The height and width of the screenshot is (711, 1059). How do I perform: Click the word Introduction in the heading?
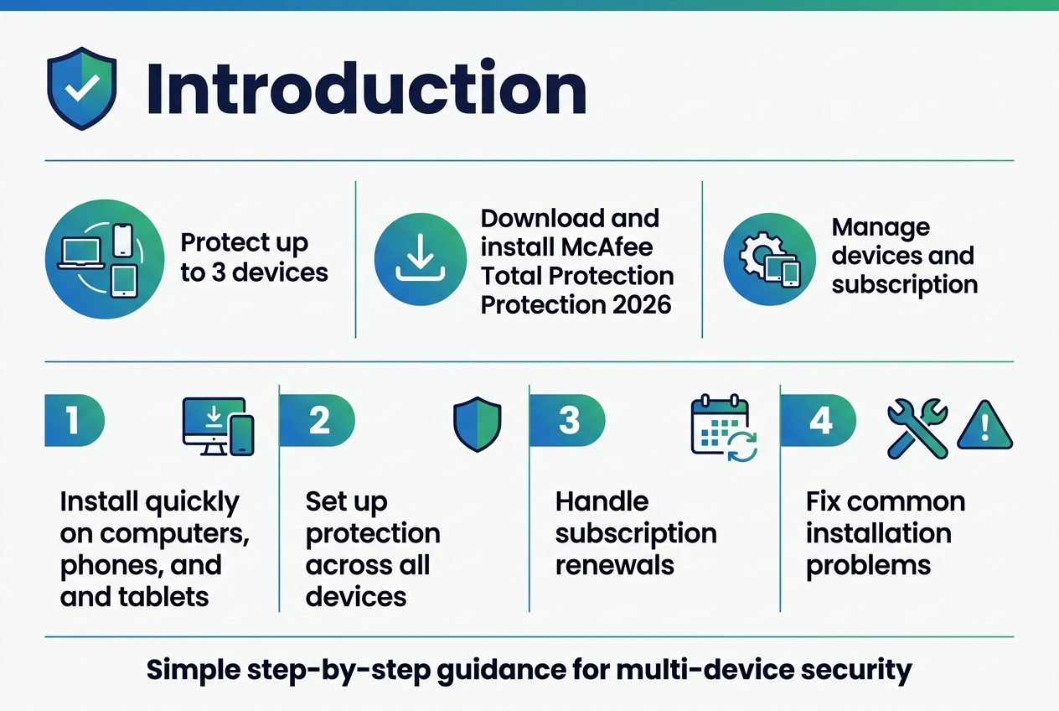tap(365, 89)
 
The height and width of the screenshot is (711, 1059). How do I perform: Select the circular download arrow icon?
tap(420, 259)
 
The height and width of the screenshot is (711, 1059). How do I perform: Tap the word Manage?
tap(869, 227)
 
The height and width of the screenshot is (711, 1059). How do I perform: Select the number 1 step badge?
tap(74, 420)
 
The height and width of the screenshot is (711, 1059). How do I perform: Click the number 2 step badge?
tap(318, 420)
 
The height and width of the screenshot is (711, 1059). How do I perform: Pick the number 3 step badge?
tap(569, 420)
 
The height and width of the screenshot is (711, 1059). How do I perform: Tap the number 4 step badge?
tap(819, 420)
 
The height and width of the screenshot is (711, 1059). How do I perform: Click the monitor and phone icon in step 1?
tap(218, 427)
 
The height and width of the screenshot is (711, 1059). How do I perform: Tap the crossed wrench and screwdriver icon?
tap(917, 428)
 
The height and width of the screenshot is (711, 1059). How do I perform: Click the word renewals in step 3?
tap(614, 565)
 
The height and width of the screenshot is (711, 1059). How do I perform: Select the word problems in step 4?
tap(868, 565)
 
